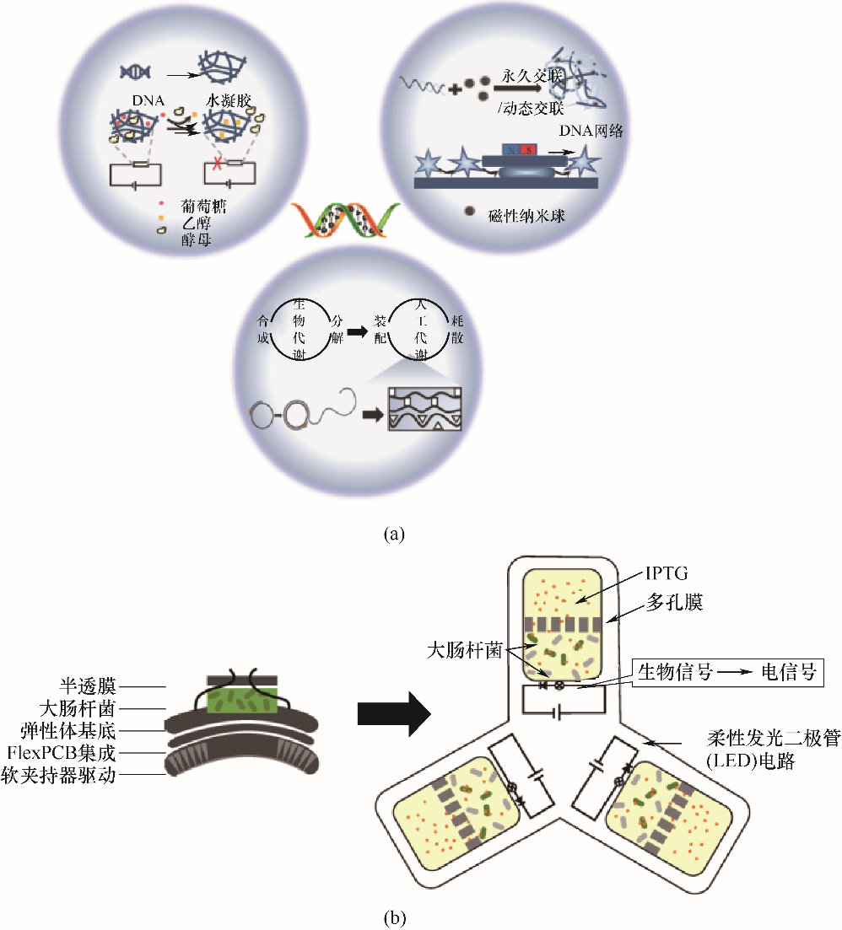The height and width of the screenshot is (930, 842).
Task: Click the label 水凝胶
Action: [230, 100]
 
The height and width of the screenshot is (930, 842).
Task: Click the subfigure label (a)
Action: [394, 535]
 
